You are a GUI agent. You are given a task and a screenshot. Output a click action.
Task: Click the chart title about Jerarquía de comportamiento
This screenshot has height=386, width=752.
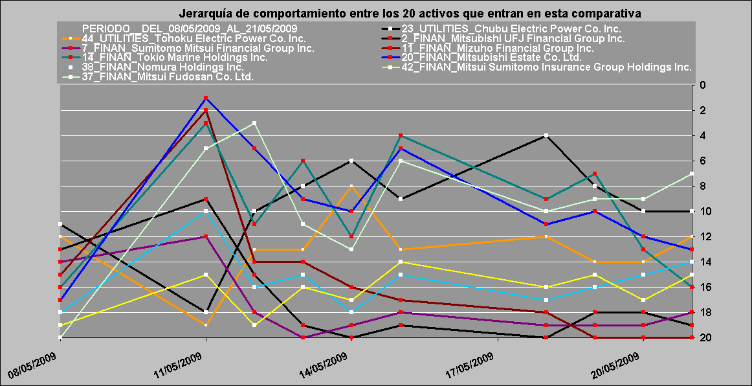pos(410,13)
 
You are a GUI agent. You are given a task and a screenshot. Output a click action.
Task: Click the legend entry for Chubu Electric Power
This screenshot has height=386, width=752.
pos(511,28)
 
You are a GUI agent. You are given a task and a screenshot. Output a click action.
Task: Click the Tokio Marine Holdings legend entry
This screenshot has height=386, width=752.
pos(175,57)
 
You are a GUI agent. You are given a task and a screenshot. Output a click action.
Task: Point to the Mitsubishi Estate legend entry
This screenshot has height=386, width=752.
pos(491,57)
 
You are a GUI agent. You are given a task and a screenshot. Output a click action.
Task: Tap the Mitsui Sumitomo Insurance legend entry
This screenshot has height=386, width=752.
pos(546,67)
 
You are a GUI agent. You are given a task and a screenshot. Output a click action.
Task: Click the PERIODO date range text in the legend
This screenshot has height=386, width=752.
pos(190,28)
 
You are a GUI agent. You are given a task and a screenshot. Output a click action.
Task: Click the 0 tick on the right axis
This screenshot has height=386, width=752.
pos(703,85)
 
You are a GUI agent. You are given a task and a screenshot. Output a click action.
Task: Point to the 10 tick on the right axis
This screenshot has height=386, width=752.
pos(704,211)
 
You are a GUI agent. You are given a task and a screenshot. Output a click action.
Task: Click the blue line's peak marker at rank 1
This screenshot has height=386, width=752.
pos(206,98)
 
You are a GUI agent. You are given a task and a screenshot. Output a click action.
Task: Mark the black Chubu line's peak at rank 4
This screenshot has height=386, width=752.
pos(546,135)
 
